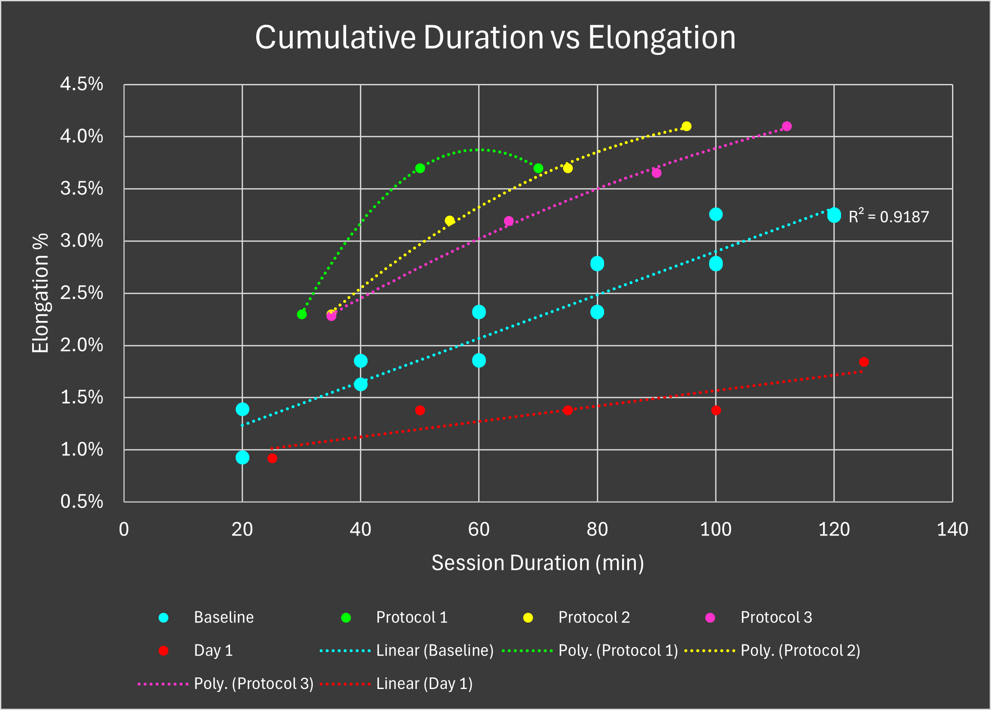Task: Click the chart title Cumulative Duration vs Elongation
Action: tap(495, 38)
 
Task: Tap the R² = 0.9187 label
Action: tap(888, 217)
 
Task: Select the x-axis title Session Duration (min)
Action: tap(537, 563)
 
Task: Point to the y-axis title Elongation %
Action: tap(40, 293)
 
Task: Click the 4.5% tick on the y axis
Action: tap(82, 84)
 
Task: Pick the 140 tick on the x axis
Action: tap(952, 530)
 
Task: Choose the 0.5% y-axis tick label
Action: tap(82, 502)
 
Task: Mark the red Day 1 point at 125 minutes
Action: tap(863, 362)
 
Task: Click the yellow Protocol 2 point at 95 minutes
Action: tap(686, 126)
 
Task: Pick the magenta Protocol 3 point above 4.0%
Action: tap(787, 126)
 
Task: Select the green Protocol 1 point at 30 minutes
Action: tap(302, 314)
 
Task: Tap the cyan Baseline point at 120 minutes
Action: tap(834, 215)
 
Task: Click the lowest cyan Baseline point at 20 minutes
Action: tap(243, 458)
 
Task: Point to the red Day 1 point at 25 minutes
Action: tap(272, 458)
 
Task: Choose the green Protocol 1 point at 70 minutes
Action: tap(538, 168)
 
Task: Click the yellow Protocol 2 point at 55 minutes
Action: tap(449, 221)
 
